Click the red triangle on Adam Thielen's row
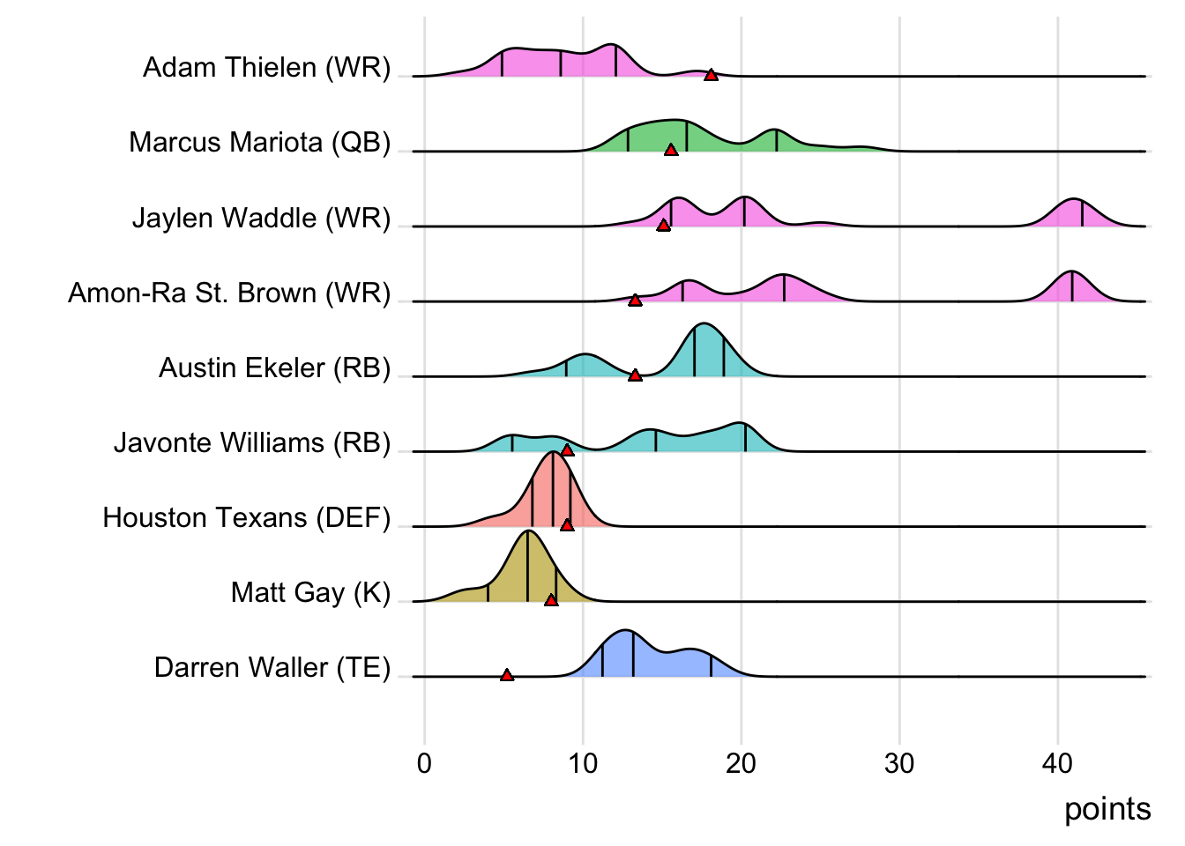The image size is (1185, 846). tap(711, 75)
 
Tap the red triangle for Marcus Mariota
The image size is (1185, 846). tap(671, 150)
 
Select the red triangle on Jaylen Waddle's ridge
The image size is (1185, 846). tap(663, 226)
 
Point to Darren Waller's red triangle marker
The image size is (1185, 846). tap(506, 675)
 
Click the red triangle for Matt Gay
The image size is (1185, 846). tap(551, 600)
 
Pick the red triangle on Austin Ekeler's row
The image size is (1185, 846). tap(635, 375)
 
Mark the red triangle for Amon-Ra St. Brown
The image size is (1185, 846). tap(635, 301)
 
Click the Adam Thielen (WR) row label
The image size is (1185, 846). tap(266, 68)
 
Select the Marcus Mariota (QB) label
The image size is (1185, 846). tap(259, 143)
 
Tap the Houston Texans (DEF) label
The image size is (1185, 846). tap(246, 518)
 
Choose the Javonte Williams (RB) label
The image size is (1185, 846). tap(251, 443)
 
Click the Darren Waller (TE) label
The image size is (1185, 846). tap(272, 668)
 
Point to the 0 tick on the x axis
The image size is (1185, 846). tap(424, 763)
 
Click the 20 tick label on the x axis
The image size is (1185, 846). tap(741, 763)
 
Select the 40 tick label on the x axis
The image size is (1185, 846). tap(1057, 763)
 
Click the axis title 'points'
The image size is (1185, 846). tap(1107, 809)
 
